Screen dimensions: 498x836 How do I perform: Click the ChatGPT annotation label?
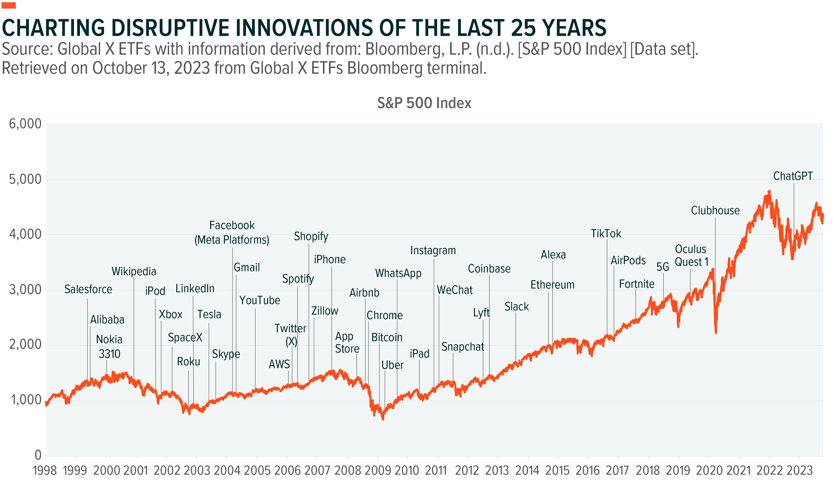(792, 176)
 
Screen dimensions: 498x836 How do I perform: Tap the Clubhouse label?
(715, 210)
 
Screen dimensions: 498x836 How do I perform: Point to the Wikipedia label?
(134, 271)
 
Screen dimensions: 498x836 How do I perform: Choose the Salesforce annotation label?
(88, 289)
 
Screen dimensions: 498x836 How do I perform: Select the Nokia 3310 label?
(109, 346)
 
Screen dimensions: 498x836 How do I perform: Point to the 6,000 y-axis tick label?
(25, 124)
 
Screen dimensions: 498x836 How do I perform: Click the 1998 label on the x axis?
(45, 470)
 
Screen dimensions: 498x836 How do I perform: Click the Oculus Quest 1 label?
(691, 255)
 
